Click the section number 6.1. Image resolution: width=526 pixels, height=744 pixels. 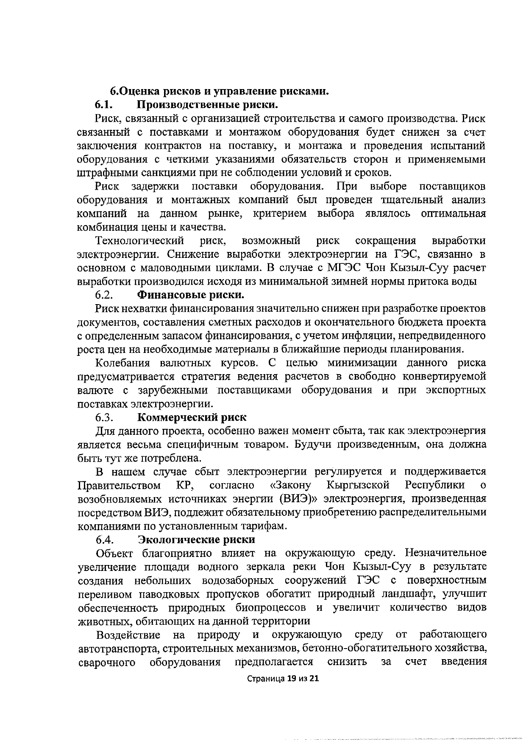point(104,105)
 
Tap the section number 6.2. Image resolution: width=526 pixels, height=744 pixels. point(104,295)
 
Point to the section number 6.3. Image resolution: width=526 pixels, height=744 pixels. point(104,417)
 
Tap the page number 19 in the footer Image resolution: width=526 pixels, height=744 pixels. point(292,690)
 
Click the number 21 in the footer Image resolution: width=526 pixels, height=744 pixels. point(314,690)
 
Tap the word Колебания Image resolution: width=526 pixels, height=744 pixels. point(123,363)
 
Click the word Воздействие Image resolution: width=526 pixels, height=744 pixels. point(128,635)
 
